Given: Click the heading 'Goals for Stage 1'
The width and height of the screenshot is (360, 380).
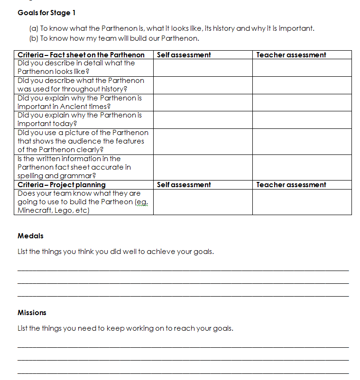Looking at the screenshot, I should click(46, 13).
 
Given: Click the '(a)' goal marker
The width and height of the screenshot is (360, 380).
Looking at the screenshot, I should click(34, 28).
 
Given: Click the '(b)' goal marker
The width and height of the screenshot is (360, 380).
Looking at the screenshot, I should click(34, 38).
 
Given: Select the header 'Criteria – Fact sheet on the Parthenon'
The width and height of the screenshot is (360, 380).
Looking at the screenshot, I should click(81, 55).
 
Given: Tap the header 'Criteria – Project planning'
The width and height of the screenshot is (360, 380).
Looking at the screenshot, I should click(62, 185).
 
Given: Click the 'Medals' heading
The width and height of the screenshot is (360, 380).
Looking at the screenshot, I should click(30, 236).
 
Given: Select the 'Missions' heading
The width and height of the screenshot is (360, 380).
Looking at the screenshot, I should click(32, 313).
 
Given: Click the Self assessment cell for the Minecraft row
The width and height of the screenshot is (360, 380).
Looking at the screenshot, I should click(203, 202).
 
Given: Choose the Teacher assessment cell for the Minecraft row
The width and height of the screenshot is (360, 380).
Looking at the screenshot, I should click(302, 202).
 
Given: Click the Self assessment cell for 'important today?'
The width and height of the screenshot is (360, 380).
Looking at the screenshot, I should click(203, 119).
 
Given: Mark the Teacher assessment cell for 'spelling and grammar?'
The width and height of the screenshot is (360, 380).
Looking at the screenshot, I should click(302, 167).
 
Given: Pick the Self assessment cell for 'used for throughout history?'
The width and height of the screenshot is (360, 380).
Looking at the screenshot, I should click(203, 85).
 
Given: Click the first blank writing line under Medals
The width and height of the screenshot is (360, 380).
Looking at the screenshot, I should click(183, 270).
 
